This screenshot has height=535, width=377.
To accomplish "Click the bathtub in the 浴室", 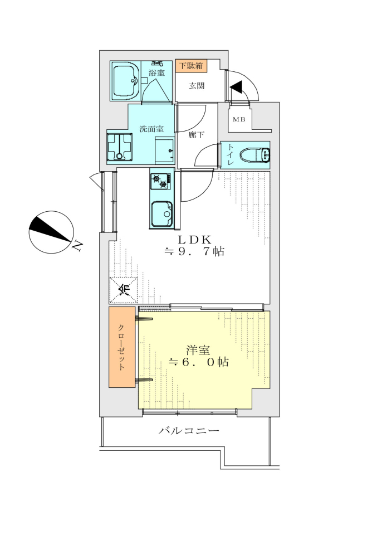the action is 126,81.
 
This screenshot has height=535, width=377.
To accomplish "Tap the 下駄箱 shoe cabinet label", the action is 191,66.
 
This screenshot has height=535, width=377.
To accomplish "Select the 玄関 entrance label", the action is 197,86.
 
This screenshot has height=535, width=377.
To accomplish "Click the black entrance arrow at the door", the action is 236,87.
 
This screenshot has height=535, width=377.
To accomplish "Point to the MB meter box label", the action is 238,119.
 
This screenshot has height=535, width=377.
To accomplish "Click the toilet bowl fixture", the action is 254,155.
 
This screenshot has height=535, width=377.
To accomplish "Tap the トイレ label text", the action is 231,155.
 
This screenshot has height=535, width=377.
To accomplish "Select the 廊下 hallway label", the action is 197,135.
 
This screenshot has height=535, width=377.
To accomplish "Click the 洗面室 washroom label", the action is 151,129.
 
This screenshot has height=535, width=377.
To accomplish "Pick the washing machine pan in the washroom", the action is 119,147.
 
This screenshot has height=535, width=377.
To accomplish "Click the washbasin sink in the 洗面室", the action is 164,151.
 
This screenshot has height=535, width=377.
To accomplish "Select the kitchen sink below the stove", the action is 162,214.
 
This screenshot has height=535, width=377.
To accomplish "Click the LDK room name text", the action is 194,239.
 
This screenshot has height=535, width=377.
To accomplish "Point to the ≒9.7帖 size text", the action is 194,251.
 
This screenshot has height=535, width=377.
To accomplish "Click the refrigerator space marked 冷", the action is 124,290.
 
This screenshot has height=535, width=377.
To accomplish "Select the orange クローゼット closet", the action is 122,347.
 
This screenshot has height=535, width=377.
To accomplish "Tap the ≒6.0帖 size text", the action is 199,362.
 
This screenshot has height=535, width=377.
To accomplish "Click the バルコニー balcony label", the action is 189,431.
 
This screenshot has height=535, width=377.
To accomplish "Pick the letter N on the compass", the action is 77,245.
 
